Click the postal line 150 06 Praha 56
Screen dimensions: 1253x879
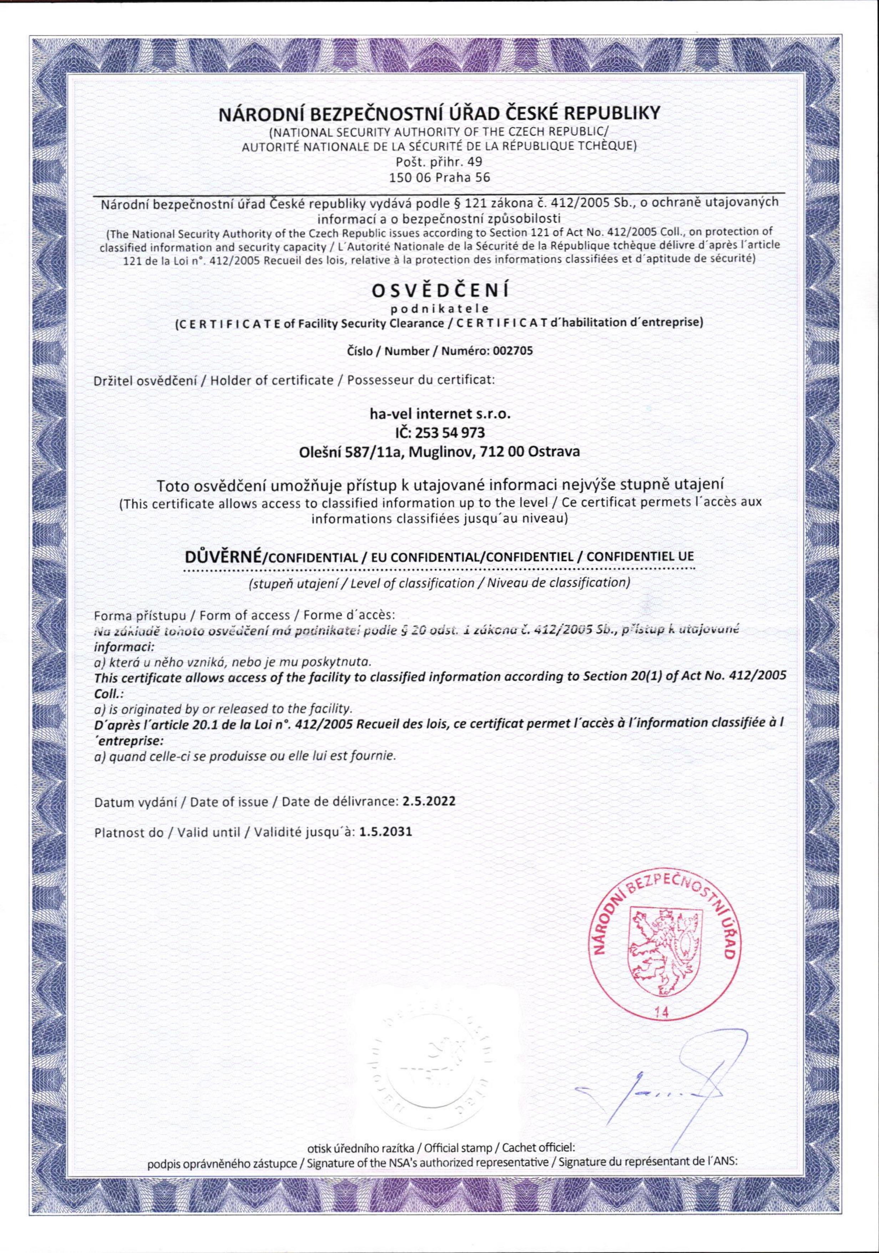tap(440, 177)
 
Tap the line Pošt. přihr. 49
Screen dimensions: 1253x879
tap(440, 162)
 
